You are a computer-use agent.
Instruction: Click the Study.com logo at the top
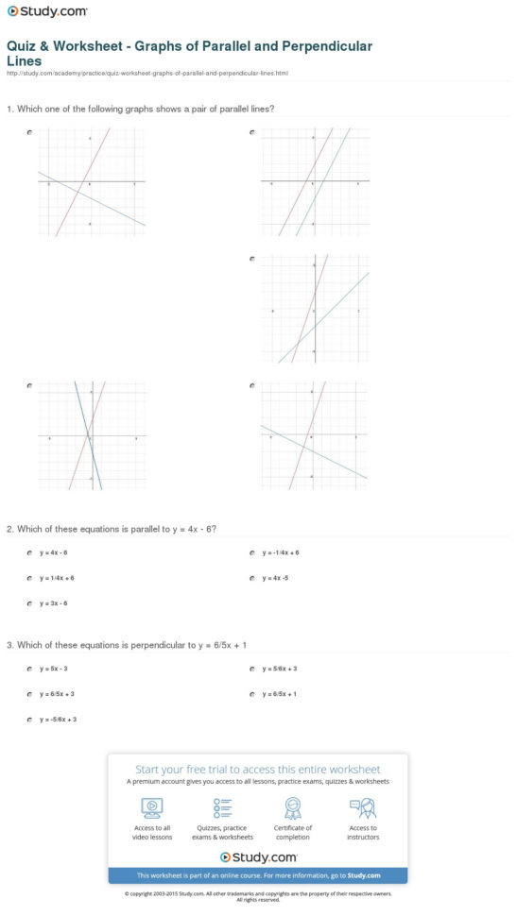click(46, 12)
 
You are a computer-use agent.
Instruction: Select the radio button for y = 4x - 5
click(252, 577)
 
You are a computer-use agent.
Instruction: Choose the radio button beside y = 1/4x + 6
click(30, 577)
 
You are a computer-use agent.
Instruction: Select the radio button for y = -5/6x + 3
click(30, 720)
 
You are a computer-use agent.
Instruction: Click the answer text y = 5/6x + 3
click(280, 669)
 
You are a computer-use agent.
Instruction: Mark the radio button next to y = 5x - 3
click(30, 669)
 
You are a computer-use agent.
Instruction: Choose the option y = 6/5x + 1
click(280, 694)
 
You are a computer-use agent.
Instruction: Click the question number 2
click(9, 529)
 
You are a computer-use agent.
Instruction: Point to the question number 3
click(9, 645)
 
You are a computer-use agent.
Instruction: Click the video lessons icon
click(151, 807)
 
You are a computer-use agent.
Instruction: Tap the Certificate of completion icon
click(293, 807)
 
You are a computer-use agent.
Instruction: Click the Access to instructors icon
click(363, 807)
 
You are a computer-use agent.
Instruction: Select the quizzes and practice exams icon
click(223, 807)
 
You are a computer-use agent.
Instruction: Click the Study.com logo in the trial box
click(258, 857)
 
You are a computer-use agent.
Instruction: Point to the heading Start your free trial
click(257, 770)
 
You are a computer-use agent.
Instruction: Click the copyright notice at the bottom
click(257, 894)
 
